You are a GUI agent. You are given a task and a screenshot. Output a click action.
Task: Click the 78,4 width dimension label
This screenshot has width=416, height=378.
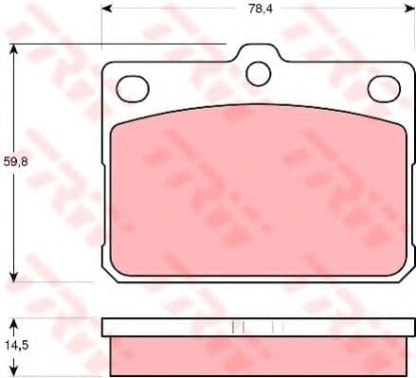point(261,9)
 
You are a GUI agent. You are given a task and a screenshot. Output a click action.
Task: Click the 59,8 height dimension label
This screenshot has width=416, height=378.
point(16,162)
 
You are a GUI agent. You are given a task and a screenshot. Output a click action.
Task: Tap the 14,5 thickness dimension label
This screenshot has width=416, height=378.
point(16,345)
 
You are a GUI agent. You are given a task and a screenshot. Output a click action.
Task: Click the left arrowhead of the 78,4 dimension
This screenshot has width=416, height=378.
point(107,9)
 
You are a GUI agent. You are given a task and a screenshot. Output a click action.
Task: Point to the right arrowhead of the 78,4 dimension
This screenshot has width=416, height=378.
point(409,9)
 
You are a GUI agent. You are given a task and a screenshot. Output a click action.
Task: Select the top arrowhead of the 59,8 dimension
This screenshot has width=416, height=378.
point(13,49)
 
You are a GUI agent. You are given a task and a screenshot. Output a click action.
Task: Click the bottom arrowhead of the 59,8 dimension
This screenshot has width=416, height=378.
point(13,277)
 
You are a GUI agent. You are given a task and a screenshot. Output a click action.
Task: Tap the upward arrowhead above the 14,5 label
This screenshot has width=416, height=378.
point(13,324)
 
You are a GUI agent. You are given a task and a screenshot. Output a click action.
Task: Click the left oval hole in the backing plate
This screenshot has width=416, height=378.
point(133,89)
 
